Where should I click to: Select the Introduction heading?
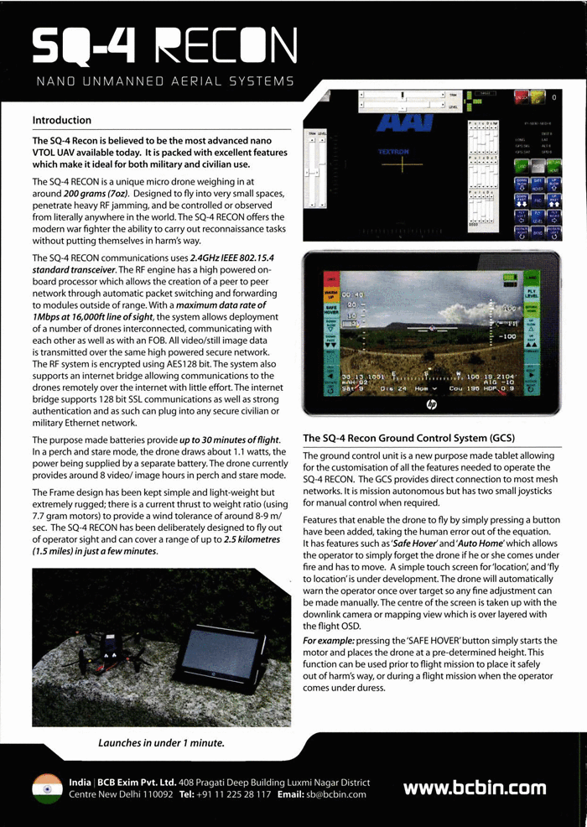click(x=61, y=120)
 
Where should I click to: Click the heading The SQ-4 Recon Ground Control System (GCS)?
click(x=408, y=438)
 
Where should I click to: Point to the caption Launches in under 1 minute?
click(x=161, y=742)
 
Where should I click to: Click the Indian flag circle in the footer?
click(x=47, y=788)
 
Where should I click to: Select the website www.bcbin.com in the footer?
click(x=474, y=788)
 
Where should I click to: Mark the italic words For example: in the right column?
click(x=328, y=642)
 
